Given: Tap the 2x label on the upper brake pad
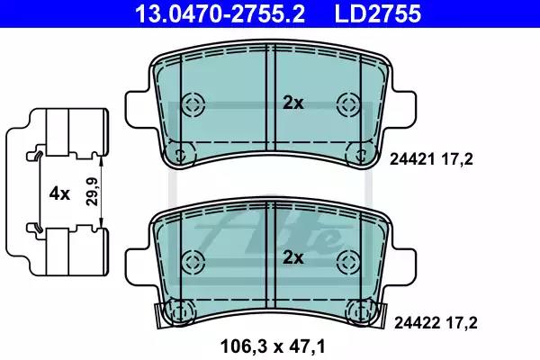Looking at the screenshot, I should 293,103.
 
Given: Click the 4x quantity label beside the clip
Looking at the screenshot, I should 58,193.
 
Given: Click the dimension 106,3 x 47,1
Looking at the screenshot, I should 270,345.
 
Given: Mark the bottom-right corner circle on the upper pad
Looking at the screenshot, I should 361,153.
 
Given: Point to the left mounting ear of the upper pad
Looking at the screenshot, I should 138,107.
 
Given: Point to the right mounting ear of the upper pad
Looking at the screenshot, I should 402,107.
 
